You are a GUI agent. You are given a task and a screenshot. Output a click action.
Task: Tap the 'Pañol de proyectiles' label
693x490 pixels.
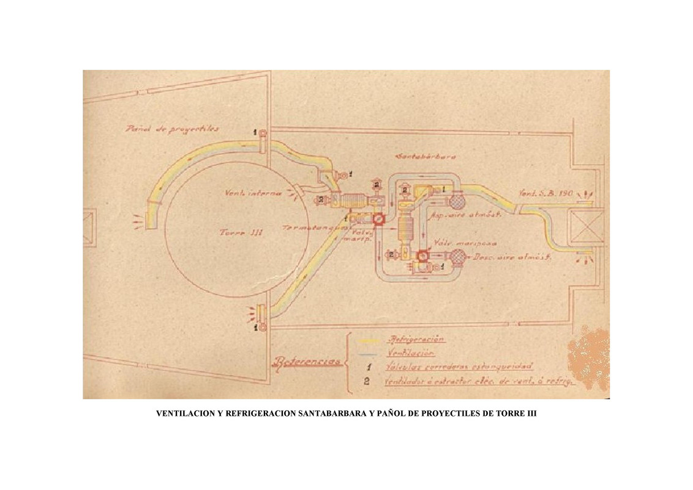pyautogui.click(x=172, y=129)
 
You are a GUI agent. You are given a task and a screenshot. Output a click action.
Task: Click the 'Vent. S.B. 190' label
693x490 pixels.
pyautogui.click(x=545, y=194)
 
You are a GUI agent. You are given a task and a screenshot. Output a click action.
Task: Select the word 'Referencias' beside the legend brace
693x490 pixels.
pyautogui.click(x=307, y=361)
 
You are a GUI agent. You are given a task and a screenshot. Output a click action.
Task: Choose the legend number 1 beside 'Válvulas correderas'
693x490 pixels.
pyautogui.click(x=365, y=367)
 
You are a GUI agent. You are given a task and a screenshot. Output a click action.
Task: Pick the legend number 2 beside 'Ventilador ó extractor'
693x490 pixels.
pyautogui.click(x=365, y=382)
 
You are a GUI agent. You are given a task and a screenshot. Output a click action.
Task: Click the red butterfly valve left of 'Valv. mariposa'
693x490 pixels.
pyautogui.click(x=422, y=258)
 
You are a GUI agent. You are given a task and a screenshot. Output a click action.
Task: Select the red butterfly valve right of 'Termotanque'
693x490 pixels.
pyautogui.click(x=378, y=219)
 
